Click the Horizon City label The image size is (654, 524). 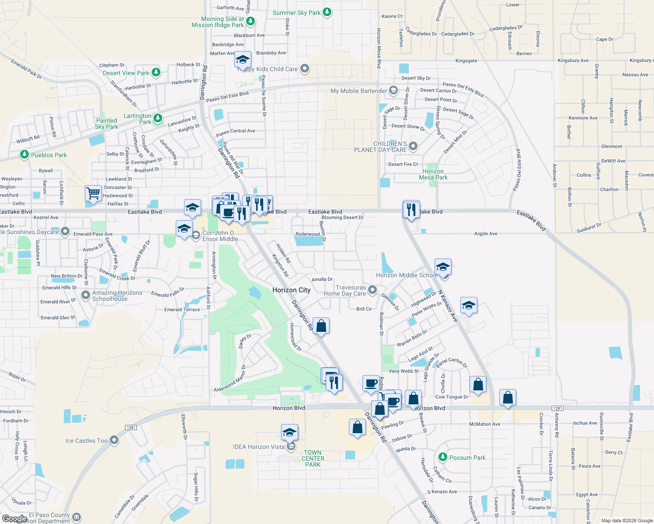291,290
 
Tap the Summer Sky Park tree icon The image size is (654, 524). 327,12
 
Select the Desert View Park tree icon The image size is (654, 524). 156,72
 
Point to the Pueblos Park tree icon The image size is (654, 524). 24,155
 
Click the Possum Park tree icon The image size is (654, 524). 443,457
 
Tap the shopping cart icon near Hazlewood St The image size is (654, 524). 93,193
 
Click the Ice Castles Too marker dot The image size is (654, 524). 114,440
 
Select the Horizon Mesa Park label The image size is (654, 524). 433,174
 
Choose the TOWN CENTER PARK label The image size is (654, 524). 313,458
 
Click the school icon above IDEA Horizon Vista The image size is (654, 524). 289,432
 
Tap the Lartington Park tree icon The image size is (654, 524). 158,118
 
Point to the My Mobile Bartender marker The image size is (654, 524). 393,90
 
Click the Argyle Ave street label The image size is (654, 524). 486,234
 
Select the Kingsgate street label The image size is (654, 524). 466,61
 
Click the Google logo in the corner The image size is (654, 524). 14,518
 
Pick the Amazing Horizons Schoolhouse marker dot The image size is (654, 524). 86,295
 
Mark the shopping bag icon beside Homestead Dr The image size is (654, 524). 321,326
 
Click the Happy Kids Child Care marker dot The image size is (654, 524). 305,69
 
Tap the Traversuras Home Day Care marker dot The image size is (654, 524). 372,290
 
